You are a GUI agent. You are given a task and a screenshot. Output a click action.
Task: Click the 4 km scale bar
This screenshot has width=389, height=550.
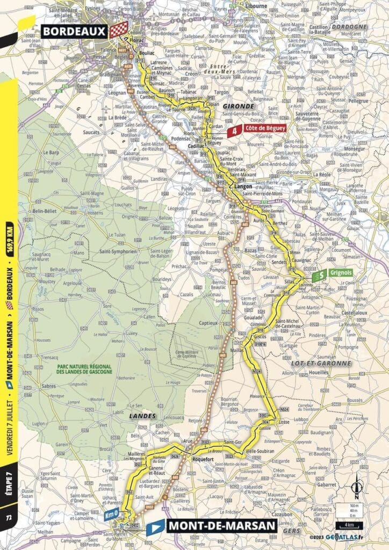pos(350,524)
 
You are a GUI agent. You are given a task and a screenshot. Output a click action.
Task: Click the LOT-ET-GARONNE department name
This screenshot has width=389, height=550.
pos(325,364)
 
